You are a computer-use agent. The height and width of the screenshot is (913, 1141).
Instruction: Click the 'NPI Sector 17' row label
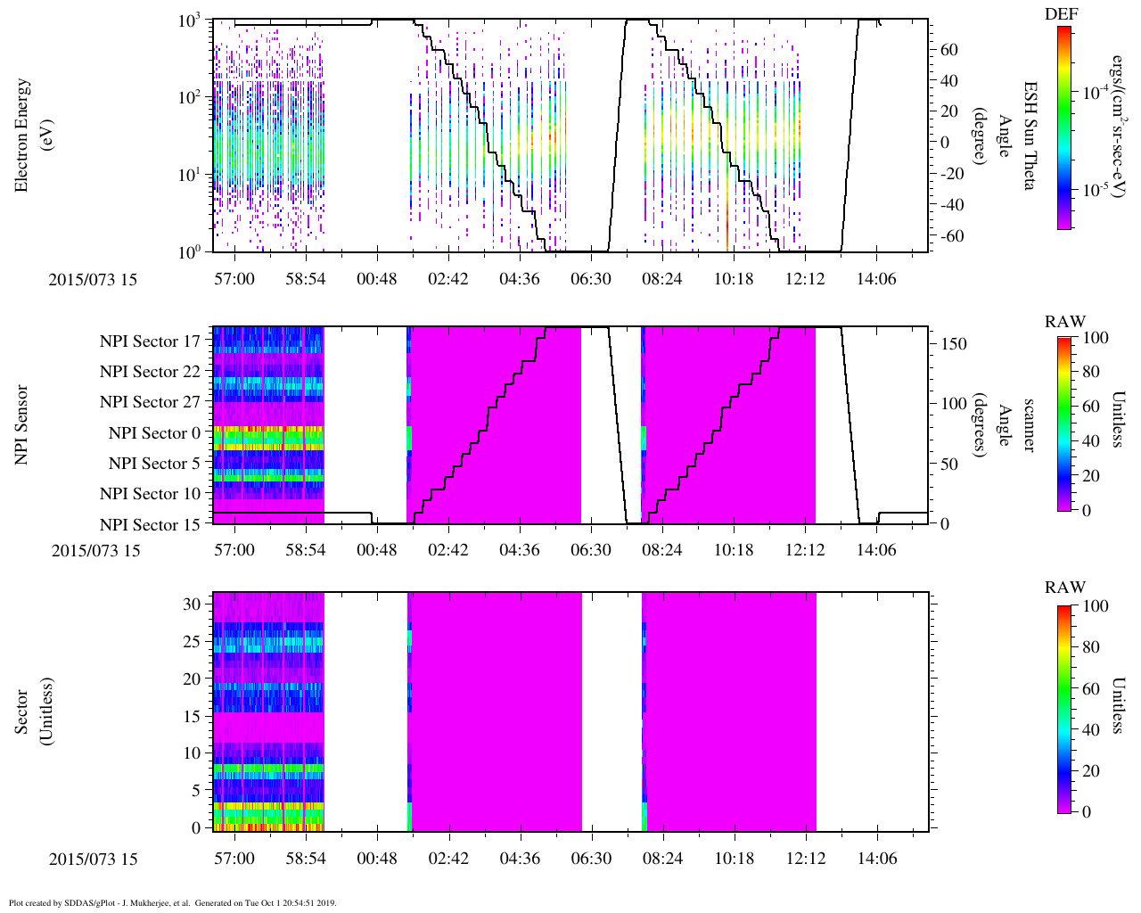pos(150,341)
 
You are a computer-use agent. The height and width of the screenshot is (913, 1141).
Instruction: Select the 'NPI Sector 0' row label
pos(154,433)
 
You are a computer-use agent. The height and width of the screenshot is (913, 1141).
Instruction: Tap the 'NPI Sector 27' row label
pos(150,402)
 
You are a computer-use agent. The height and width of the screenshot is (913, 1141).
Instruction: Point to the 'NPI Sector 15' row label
pos(150,525)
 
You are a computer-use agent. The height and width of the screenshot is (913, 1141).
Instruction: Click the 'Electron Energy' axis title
pos(22,135)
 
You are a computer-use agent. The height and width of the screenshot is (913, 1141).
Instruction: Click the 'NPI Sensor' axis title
pos(22,424)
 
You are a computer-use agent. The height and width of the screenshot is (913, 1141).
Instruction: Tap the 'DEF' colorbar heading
pos(1063,14)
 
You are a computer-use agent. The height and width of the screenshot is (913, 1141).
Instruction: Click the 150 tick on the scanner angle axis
pos(955,343)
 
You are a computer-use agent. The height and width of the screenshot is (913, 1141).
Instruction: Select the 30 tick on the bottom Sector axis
pos(191,604)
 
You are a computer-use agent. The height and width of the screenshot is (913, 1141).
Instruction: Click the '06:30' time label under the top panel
pos(590,279)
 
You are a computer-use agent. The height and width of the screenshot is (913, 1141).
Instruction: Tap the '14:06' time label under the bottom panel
pos(876,859)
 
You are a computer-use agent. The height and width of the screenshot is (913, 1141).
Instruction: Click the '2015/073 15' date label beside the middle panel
pos(96,550)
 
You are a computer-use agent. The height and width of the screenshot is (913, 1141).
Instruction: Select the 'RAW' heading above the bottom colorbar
pos(1065,587)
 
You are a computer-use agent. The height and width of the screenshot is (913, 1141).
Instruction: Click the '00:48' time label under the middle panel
pos(376,549)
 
